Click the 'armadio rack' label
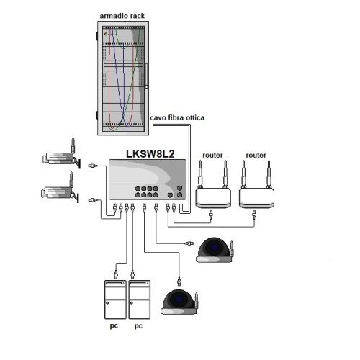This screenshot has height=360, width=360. (x=122, y=16)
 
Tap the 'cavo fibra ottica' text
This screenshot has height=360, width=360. (x=177, y=117)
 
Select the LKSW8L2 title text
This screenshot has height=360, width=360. (x=150, y=154)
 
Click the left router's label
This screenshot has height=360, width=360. (x=212, y=156)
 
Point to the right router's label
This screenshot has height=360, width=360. (x=256, y=156)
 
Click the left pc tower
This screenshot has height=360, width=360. (x=115, y=300)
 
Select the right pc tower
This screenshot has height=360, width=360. (x=140, y=300)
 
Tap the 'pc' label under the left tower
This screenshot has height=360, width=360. (x=114, y=326)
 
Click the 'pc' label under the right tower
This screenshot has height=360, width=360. (x=138, y=326)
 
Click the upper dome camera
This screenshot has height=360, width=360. (x=215, y=250)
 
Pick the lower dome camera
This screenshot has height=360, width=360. (x=179, y=302)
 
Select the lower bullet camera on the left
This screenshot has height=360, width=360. (x=60, y=189)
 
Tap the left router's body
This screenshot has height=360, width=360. (x=213, y=198)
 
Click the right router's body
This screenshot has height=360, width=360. (x=256, y=198)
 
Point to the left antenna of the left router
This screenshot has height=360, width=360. (x=200, y=174)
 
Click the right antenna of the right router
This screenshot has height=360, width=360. (x=269, y=174)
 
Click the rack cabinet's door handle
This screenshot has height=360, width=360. (x=146, y=76)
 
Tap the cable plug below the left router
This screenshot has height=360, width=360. (x=211, y=215)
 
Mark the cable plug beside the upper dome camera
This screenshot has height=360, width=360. (x=189, y=243)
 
